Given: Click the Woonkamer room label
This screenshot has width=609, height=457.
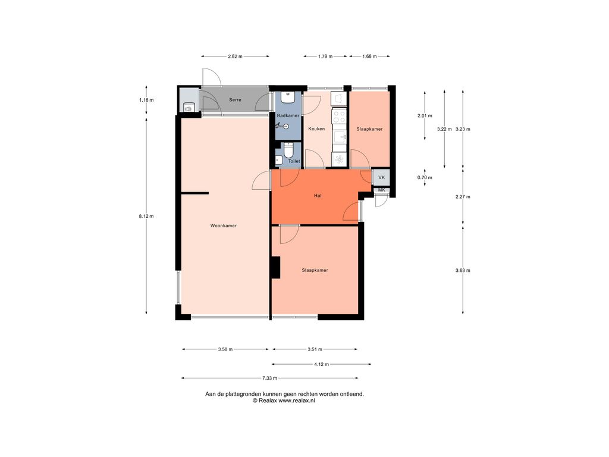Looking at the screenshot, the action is tap(224, 226).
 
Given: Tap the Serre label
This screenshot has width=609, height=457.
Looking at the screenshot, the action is tap(235, 100).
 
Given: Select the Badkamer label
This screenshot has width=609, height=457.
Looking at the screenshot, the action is tap(288, 115).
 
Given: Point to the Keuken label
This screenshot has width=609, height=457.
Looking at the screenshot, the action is tap(316, 129).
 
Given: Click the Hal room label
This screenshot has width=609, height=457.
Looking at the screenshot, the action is tap(318, 195).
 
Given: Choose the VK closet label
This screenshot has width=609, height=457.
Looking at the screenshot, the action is tap(381, 177).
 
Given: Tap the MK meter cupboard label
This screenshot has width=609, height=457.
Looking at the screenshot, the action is tap(381, 190).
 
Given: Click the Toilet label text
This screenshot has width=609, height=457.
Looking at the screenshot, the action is tap(294, 161).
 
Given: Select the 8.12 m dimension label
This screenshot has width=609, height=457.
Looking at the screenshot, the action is tap(146, 216).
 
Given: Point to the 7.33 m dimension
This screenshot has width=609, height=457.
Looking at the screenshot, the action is tap(269, 378).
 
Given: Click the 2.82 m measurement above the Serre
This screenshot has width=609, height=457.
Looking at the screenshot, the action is tap(235, 56).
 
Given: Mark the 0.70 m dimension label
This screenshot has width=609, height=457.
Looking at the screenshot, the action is tap(425, 177).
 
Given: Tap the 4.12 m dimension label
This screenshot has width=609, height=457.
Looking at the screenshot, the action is tap(321, 364).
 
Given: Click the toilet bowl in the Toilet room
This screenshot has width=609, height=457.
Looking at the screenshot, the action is tap(288, 150).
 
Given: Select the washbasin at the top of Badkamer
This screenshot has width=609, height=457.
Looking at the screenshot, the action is tap(288, 97).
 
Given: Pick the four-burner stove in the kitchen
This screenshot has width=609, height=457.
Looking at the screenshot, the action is tap(339, 116).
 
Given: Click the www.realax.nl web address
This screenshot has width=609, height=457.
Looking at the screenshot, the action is tap(297, 400).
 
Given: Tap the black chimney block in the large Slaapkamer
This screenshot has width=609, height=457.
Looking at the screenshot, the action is tap(276, 267).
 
